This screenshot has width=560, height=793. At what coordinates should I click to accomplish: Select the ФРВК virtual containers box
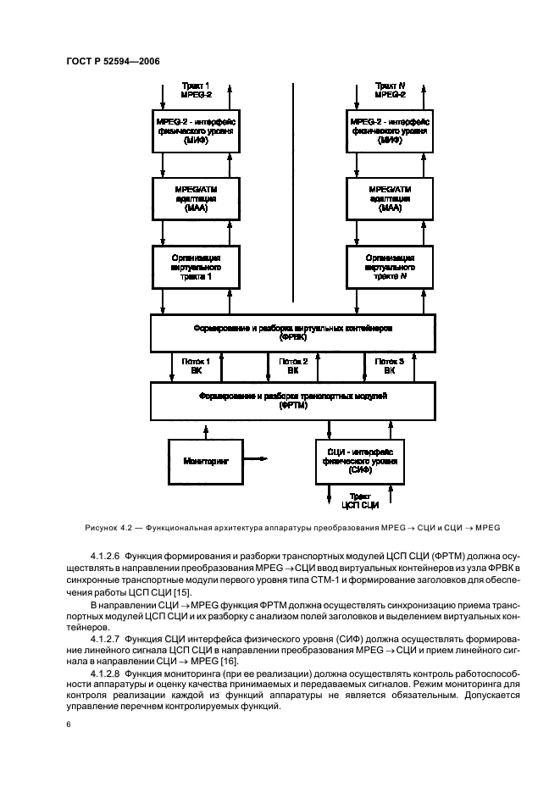pos(288,332)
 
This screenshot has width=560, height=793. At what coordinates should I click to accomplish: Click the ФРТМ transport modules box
pos(288,400)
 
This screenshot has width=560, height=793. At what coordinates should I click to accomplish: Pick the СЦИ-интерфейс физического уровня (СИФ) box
pos(360,462)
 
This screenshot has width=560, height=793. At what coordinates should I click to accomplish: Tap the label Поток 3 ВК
pos(389,366)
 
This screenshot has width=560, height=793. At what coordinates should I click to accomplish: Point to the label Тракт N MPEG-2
pos(391,89)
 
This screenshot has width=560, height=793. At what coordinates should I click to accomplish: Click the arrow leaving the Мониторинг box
pos(258,459)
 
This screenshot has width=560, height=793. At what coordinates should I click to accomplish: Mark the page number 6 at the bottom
pos(67,725)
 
